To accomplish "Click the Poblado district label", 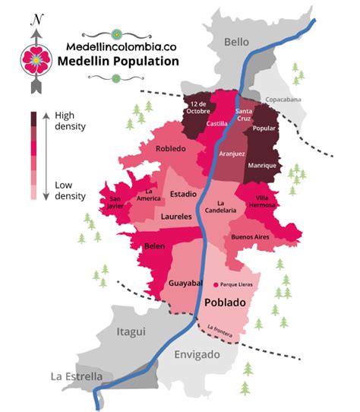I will (x=226, y=303).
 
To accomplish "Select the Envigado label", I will (x=196, y=355).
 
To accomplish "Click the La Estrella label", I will (x=76, y=376).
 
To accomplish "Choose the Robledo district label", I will (x=170, y=148).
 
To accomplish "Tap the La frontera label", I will (x=219, y=330).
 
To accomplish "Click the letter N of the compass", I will (x=35, y=18).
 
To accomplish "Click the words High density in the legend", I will (x=71, y=122).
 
